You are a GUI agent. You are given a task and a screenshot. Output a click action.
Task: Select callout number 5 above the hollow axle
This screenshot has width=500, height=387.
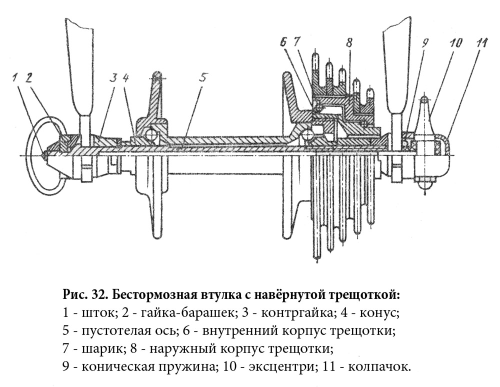[x=203, y=76]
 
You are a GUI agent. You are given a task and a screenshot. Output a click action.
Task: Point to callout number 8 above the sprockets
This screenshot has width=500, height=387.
[x=348, y=43]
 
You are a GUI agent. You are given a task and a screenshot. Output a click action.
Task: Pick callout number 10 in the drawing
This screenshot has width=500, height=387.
[x=455, y=43]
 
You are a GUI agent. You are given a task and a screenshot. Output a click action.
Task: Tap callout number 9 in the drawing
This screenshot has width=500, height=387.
[x=425, y=43]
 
